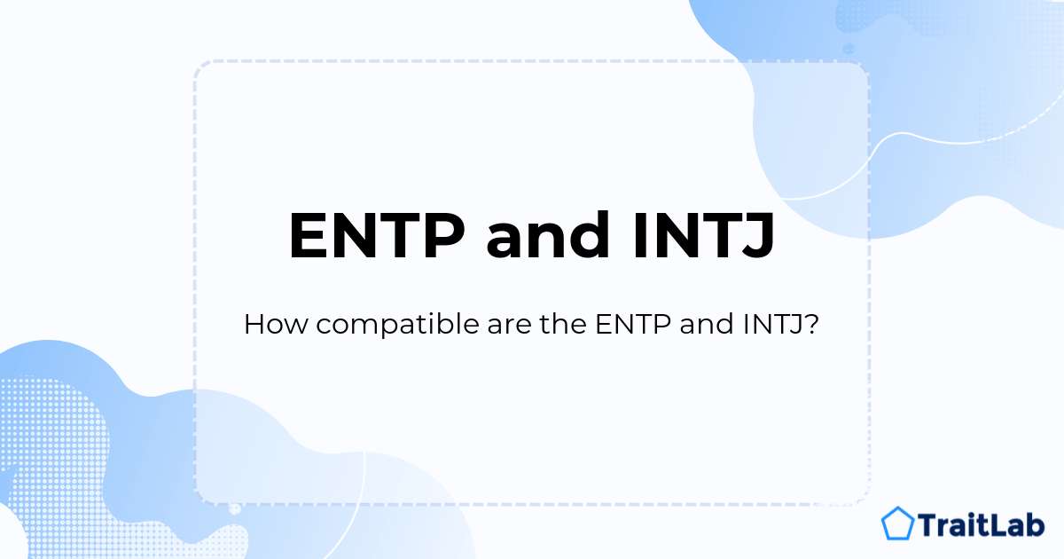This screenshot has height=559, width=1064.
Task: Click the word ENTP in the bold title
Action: [377, 235]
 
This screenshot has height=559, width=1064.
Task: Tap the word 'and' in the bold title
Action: [548, 234]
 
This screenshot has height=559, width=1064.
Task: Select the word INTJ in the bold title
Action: [703, 236]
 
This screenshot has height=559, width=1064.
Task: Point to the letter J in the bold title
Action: [755, 236]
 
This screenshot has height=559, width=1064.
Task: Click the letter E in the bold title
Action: [309, 235]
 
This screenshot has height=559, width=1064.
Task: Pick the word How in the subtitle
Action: [276, 325]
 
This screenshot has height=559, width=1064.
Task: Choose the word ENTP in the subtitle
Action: [633, 325]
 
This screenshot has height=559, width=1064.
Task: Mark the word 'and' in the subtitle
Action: [707, 325]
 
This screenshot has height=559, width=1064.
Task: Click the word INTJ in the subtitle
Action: [773, 325]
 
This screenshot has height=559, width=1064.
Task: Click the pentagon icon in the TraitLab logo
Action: [897, 524]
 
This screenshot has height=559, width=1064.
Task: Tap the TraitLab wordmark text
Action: [981, 524]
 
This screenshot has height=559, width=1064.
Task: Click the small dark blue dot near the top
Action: [849, 49]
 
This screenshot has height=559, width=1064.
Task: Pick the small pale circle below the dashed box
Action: [235, 509]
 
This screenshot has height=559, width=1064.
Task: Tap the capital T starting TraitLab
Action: [928, 524]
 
